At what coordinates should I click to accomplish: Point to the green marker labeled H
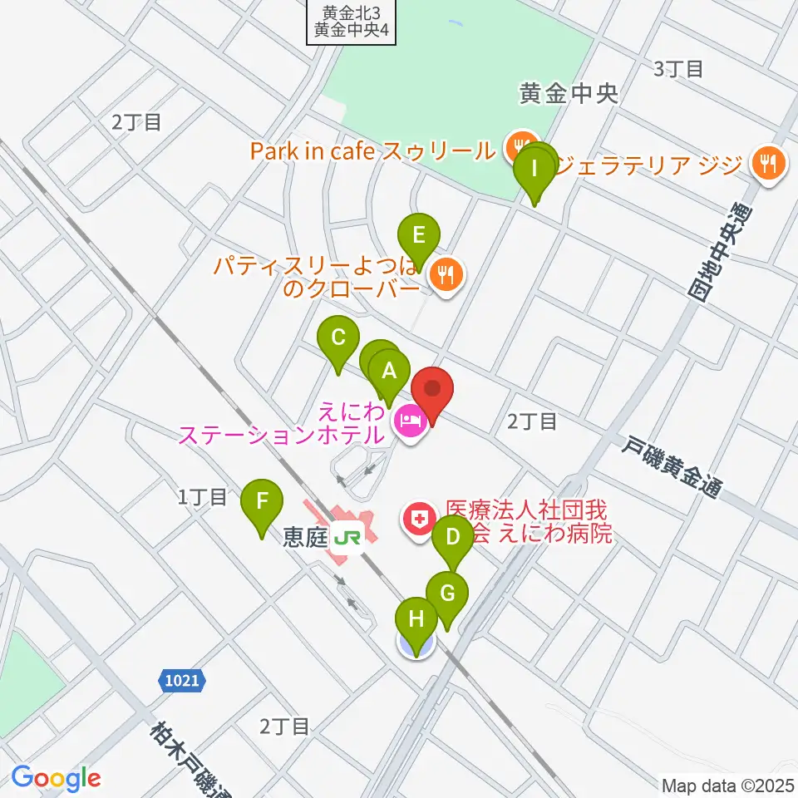click(416, 620)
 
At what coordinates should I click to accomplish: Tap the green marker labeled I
click(534, 172)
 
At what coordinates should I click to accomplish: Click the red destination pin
click(432, 389)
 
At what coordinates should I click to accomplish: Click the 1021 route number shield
click(180, 681)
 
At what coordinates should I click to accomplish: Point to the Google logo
click(56, 778)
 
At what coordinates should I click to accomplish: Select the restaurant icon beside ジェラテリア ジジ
click(768, 163)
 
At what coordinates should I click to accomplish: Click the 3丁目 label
click(678, 69)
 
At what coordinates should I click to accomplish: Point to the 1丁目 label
click(202, 498)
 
